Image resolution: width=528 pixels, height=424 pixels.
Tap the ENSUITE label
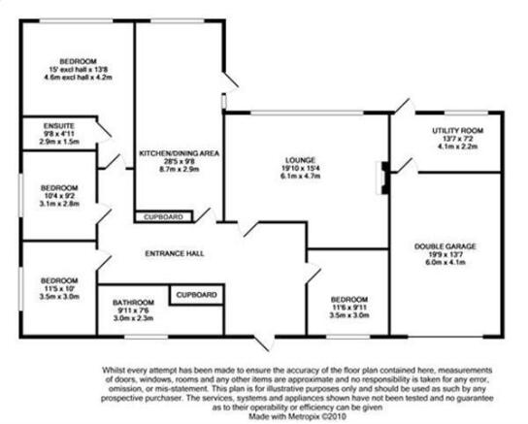point(59,126)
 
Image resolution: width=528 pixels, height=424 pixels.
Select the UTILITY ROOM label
point(457,131)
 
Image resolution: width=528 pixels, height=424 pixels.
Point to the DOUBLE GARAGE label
point(445,246)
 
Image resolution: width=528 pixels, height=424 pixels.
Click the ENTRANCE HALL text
point(175,253)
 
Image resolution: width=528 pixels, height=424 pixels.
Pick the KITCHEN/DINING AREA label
point(180,153)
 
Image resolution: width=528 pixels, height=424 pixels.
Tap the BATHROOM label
point(133,302)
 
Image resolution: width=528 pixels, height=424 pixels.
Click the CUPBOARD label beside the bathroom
point(197,295)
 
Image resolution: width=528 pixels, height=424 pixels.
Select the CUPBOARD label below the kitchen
point(163,217)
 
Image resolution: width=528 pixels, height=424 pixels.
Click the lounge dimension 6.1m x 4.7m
point(300,176)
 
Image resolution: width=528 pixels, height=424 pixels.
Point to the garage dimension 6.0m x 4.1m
point(445,262)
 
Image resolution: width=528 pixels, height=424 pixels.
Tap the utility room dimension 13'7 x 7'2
point(457,139)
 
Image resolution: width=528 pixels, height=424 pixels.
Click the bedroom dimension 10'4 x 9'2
point(59,196)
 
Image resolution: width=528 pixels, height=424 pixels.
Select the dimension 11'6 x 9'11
point(349,308)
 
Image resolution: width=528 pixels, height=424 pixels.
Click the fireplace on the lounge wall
point(382,178)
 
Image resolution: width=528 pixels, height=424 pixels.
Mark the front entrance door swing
point(264,342)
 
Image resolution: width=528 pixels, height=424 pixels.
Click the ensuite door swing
point(104,131)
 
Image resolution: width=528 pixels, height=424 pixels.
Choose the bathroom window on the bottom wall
point(146,337)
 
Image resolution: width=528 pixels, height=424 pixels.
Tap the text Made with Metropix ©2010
point(297,416)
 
